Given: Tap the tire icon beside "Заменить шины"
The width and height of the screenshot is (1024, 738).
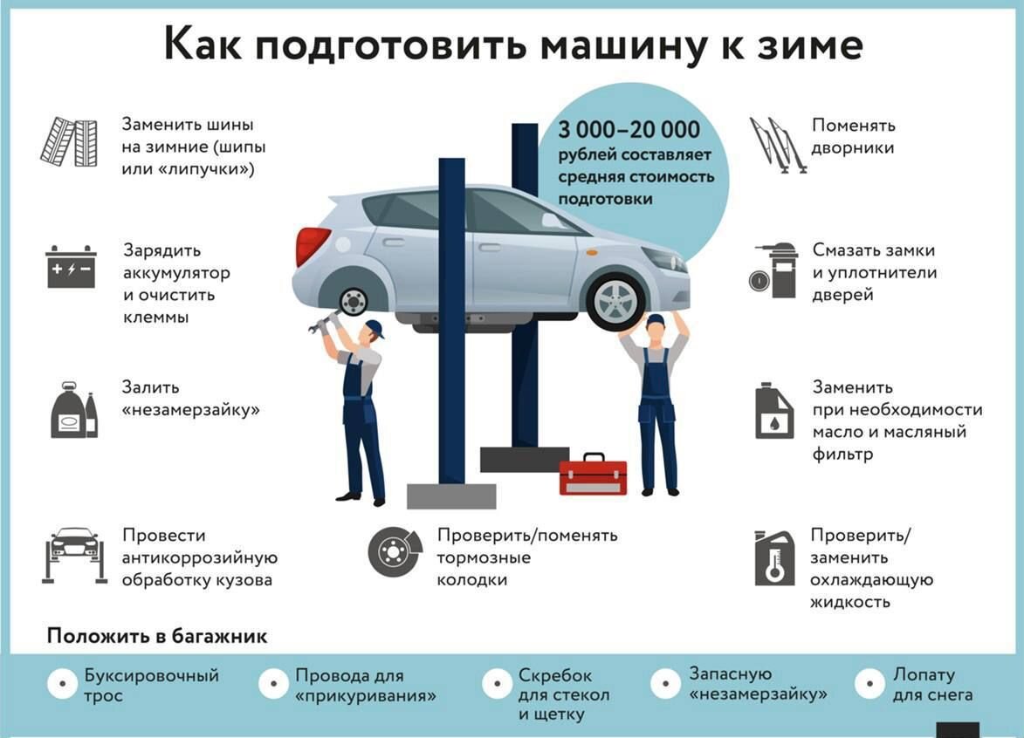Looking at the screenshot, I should [69, 142].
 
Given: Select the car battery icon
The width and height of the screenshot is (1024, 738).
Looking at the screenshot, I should [71, 267].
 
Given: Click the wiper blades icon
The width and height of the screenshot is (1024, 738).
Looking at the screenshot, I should [776, 144].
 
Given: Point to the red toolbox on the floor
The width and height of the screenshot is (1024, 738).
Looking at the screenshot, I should [593, 475].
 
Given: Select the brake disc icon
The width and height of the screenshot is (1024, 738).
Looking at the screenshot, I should [395, 551].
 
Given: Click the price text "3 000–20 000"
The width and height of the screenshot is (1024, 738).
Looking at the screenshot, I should [630, 130].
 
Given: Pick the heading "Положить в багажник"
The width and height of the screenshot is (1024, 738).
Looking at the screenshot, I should [157, 636].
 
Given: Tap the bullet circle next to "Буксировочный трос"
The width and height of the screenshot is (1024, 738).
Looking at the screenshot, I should [63, 685].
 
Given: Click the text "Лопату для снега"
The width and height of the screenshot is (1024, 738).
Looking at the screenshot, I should [931, 685].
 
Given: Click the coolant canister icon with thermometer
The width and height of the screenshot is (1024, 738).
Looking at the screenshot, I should [774, 558].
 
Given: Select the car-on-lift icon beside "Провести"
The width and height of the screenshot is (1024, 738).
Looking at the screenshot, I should [74, 554].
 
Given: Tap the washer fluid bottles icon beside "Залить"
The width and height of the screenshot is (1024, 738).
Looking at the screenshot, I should [73, 410].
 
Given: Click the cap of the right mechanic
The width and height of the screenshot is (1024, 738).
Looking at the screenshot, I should [656, 321].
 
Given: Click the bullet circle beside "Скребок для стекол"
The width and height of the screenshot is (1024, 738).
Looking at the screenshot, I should [497, 683].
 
